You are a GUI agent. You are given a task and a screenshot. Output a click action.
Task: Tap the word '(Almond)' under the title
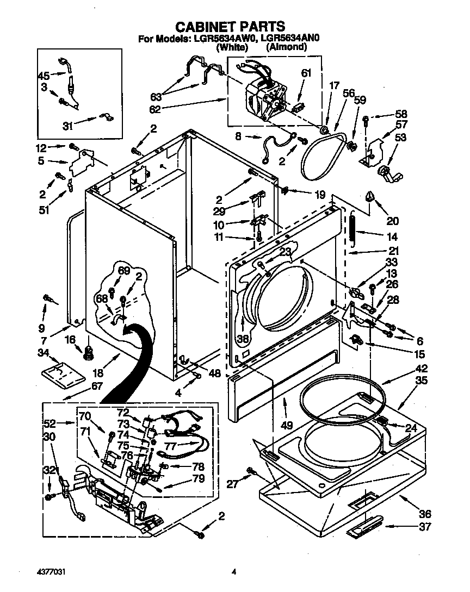point(286,47)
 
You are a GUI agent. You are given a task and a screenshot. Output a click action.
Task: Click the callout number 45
point(44,76)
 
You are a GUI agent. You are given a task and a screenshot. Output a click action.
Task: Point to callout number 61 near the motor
point(306,73)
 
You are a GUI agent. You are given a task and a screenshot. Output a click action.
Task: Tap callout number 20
point(392,221)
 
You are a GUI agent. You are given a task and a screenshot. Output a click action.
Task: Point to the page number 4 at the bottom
point(234,571)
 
